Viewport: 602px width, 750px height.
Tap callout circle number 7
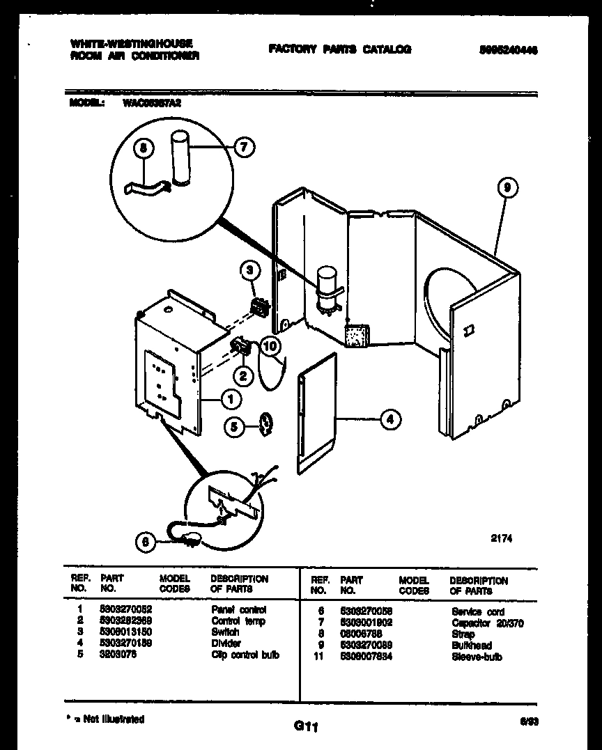point(244,147)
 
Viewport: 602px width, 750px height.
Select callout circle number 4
point(391,419)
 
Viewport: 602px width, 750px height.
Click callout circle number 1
point(231,398)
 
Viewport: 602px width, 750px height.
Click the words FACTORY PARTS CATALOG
point(339,49)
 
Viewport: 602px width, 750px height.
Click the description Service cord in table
point(478,611)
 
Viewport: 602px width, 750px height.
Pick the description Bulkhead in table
point(471,646)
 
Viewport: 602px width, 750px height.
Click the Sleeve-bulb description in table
point(476,657)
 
